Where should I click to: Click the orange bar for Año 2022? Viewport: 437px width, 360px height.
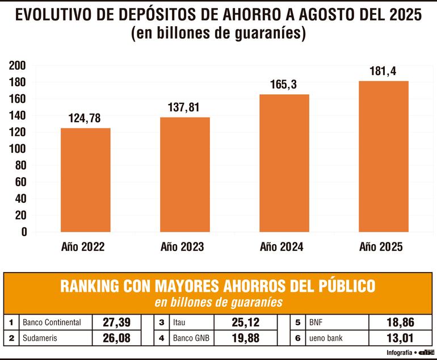tap(86, 179)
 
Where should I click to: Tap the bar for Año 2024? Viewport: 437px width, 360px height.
tap(284, 163)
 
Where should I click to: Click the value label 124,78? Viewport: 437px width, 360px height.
tap(86, 119)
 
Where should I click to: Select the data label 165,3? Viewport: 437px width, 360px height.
tap(284, 85)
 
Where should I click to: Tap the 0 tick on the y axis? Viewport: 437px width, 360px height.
tap(24, 232)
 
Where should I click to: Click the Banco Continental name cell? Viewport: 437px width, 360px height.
tap(52, 323)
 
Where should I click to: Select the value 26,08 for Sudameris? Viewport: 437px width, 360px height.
tap(116, 338)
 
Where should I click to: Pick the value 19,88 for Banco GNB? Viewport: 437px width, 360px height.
tap(246, 338)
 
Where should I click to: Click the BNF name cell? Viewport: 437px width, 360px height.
tap(317, 323)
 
